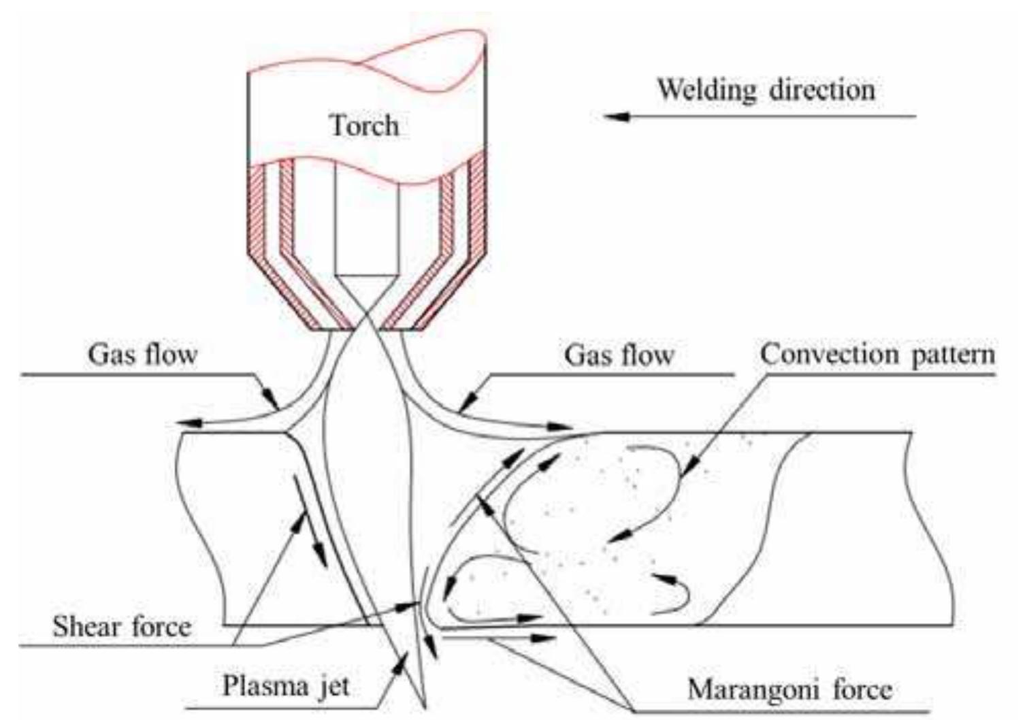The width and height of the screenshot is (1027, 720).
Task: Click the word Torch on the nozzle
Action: point(364,126)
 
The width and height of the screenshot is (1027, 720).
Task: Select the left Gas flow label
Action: point(142,354)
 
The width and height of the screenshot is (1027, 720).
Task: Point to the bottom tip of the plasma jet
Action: point(425,705)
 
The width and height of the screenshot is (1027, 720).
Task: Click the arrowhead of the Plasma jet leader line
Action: point(401,659)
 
